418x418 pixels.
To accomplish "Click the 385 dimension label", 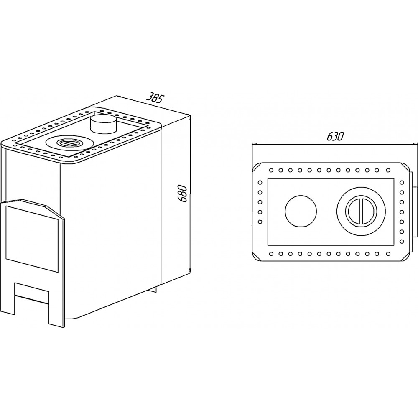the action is (155, 97).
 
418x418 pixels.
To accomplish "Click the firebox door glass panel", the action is (32, 238).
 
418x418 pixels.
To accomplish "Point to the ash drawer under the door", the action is (32, 293).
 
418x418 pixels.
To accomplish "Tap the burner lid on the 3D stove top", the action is (69, 143).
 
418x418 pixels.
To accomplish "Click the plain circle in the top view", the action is (301, 212).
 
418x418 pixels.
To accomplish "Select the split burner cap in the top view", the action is (361, 212).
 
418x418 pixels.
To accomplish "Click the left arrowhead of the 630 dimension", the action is (254, 145).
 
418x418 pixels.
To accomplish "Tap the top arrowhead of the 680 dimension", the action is (190, 117).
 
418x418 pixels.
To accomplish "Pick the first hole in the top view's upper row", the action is (271, 170).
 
